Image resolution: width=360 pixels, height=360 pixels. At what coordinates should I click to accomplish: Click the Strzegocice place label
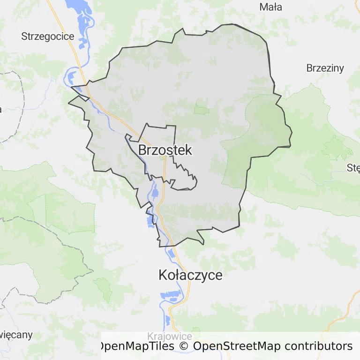[48, 36]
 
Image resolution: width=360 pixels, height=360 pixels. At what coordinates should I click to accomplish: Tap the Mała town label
[271, 7]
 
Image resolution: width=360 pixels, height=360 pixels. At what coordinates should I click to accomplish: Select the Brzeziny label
[325, 68]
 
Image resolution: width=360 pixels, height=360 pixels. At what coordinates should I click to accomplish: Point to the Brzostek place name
[165, 150]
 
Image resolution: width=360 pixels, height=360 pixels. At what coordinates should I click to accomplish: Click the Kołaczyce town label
[190, 275]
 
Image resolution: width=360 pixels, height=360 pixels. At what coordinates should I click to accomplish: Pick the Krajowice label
[169, 336]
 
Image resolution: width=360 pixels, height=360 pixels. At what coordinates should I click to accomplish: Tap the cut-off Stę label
[353, 168]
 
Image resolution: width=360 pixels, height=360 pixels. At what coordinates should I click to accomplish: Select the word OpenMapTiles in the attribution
[136, 346]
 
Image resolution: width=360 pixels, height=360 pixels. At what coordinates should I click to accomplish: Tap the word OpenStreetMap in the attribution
[237, 346]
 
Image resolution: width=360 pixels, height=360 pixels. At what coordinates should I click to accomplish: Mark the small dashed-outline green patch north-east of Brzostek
[202, 110]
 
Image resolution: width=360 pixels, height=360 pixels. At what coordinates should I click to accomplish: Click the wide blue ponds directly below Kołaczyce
[171, 295]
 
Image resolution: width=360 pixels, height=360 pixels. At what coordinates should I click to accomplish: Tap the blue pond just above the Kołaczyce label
[172, 254]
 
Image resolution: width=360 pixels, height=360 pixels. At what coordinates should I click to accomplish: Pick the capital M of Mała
[263, 7]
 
